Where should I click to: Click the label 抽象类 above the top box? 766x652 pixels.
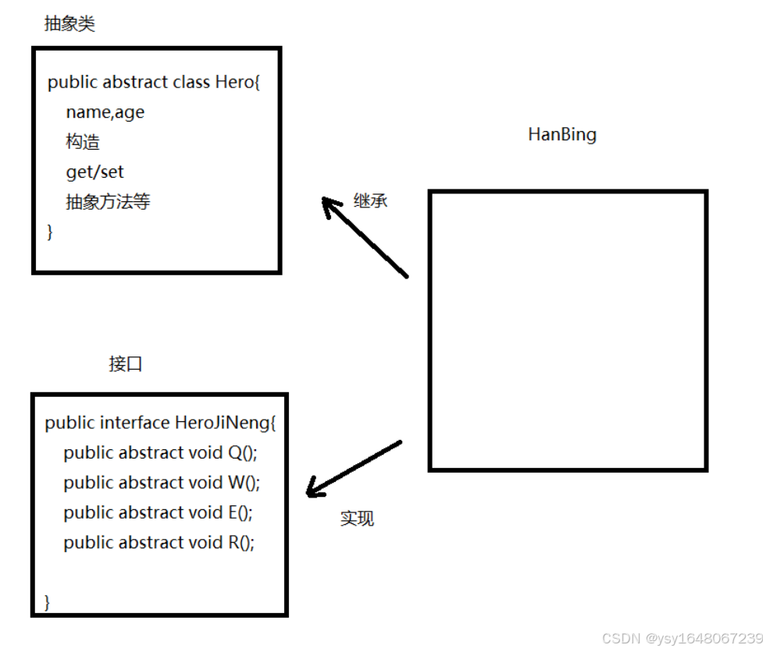pos(69,24)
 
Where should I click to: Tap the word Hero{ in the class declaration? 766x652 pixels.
pos(237,82)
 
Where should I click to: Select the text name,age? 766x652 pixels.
pos(105,112)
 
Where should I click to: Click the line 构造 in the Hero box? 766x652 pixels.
pos(83,142)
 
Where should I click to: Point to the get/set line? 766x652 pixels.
pos(94,172)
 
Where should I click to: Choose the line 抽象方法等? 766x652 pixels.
pos(108,202)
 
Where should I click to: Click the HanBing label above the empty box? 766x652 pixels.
pos(562,134)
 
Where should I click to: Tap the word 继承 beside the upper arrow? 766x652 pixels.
pos(370,200)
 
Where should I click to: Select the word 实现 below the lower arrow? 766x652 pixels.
pos(357,519)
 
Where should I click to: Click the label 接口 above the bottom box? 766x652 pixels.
pos(126,364)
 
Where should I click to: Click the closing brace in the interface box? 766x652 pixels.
pos(48,601)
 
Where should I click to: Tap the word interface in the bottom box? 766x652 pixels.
pos(134,423)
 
